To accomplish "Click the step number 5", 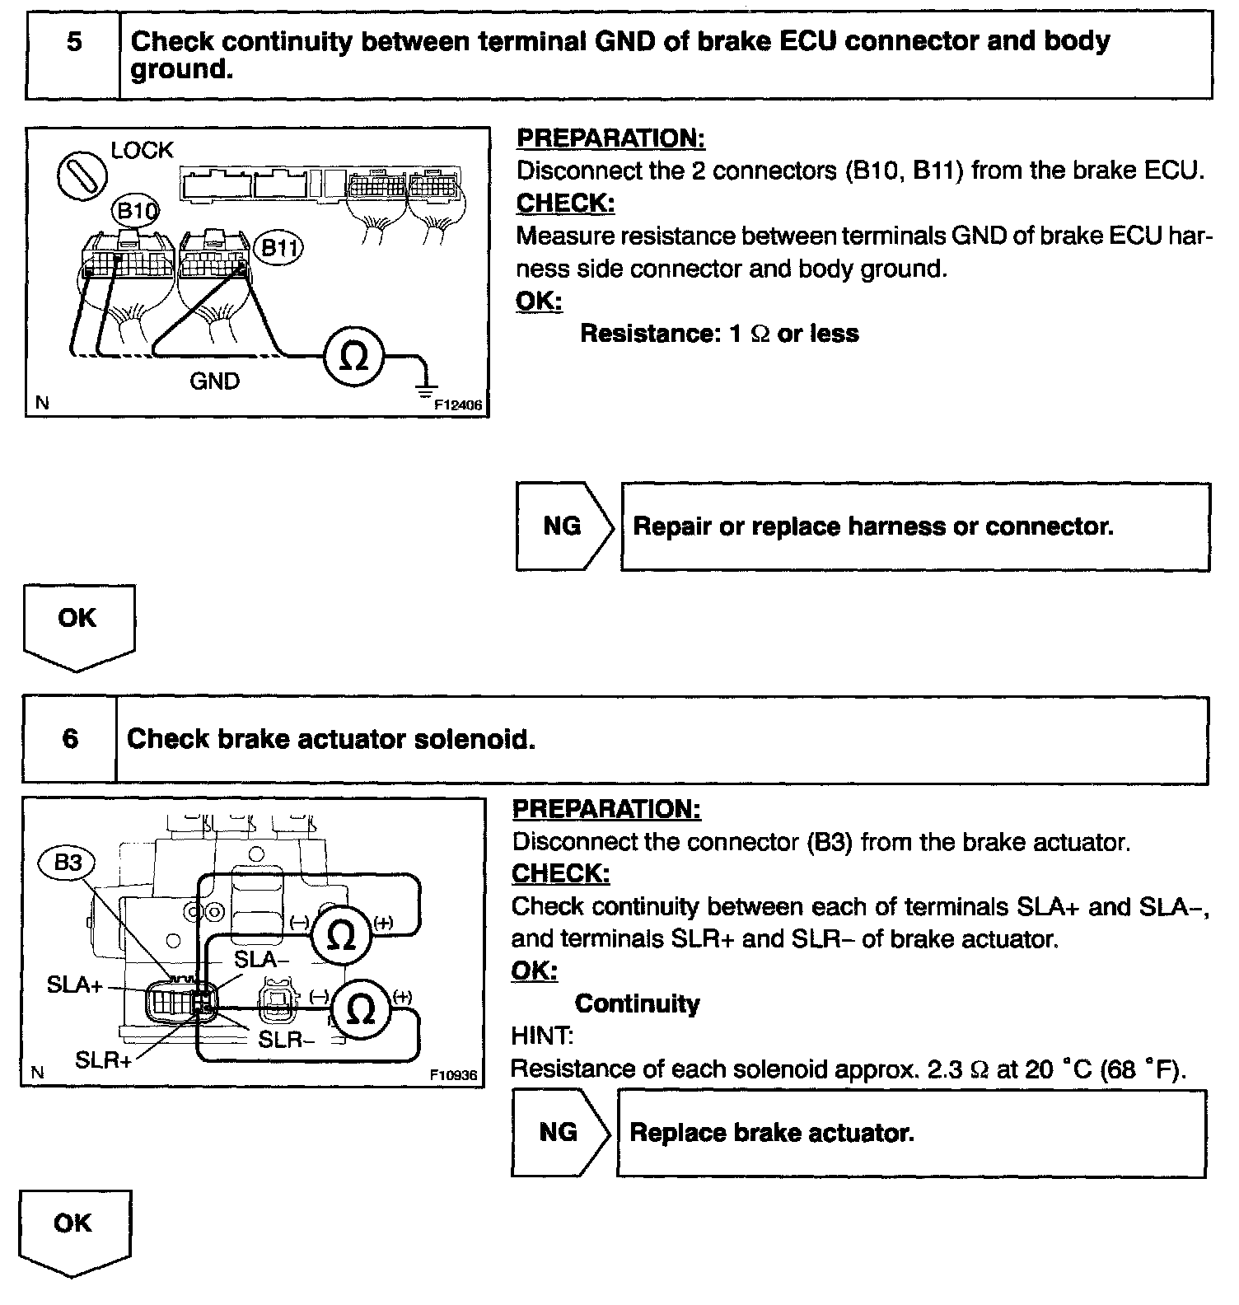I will (74, 41).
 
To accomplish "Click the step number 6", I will (71, 738).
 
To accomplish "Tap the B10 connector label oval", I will (135, 212).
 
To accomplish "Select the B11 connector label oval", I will (278, 248).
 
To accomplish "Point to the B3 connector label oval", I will (68, 863).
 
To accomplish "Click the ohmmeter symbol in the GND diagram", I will (354, 356).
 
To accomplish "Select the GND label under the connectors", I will (214, 381).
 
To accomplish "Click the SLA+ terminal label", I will (73, 985).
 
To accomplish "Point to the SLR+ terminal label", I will (103, 1059).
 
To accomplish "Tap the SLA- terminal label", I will (261, 959).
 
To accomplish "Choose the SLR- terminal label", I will (286, 1040).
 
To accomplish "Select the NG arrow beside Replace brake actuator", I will (559, 1132).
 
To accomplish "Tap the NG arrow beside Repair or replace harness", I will (563, 526).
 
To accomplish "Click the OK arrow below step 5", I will (78, 624).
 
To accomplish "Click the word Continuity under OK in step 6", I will (637, 1003).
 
